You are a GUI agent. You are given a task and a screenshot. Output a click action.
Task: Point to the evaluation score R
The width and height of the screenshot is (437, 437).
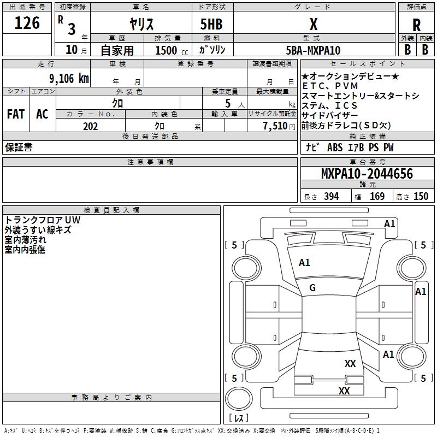(417, 25)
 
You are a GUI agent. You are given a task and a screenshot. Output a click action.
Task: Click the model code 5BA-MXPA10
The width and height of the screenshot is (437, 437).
(313, 50)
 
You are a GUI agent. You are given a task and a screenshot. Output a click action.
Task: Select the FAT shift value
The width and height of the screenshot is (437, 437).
(15, 114)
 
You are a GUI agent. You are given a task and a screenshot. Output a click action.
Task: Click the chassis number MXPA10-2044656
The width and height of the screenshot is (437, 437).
(367, 174)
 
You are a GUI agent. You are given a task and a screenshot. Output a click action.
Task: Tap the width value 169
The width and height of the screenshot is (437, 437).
(377, 197)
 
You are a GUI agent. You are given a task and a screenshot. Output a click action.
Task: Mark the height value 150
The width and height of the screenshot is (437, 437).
(421, 197)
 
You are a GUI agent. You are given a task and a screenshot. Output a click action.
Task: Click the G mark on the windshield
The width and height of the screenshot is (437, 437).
(312, 288)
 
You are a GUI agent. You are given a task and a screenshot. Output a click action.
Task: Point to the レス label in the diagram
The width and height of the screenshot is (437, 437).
(239, 418)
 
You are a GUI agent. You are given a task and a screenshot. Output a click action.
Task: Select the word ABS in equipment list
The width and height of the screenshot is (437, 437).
(334, 148)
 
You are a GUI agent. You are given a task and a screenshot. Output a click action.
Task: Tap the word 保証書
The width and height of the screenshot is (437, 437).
(19, 147)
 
